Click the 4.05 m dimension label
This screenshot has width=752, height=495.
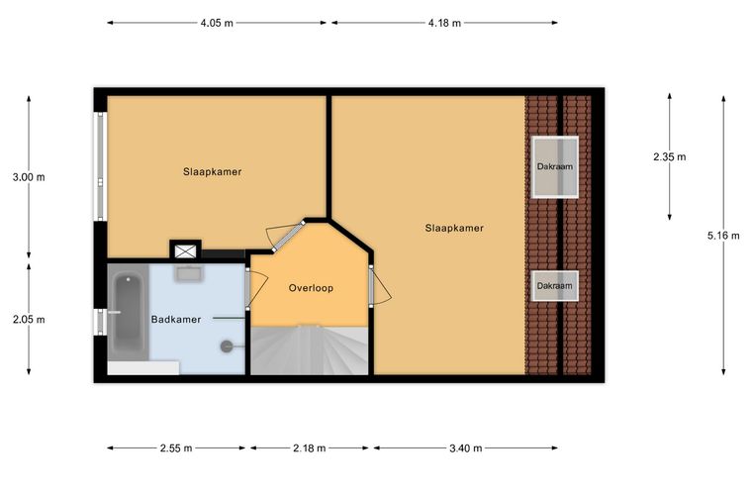[x=217, y=23]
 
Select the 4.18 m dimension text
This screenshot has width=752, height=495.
[x=444, y=23]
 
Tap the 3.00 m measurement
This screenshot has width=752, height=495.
[x=29, y=177]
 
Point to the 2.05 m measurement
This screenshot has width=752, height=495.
[x=29, y=320]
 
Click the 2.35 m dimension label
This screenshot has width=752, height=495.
[x=670, y=156]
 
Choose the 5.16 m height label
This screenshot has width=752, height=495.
[x=723, y=236]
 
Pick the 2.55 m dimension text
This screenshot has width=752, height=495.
[x=176, y=448]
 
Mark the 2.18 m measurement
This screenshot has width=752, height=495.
[x=310, y=448]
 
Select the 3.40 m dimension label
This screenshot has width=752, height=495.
[x=466, y=448]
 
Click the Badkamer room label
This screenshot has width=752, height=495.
[x=176, y=320]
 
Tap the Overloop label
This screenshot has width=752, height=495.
[x=311, y=288]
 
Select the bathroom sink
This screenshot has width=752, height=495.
[x=189, y=273]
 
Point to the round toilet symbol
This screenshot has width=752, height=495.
[x=228, y=346]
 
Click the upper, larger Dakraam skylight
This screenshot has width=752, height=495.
[x=555, y=167]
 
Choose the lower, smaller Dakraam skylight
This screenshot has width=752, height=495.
[x=555, y=286]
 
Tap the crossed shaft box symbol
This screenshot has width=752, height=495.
[x=186, y=250]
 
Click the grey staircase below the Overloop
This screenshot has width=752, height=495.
[x=310, y=350]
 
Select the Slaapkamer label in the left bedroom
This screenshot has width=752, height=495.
[x=212, y=171]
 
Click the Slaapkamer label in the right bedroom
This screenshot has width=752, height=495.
[x=454, y=228]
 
